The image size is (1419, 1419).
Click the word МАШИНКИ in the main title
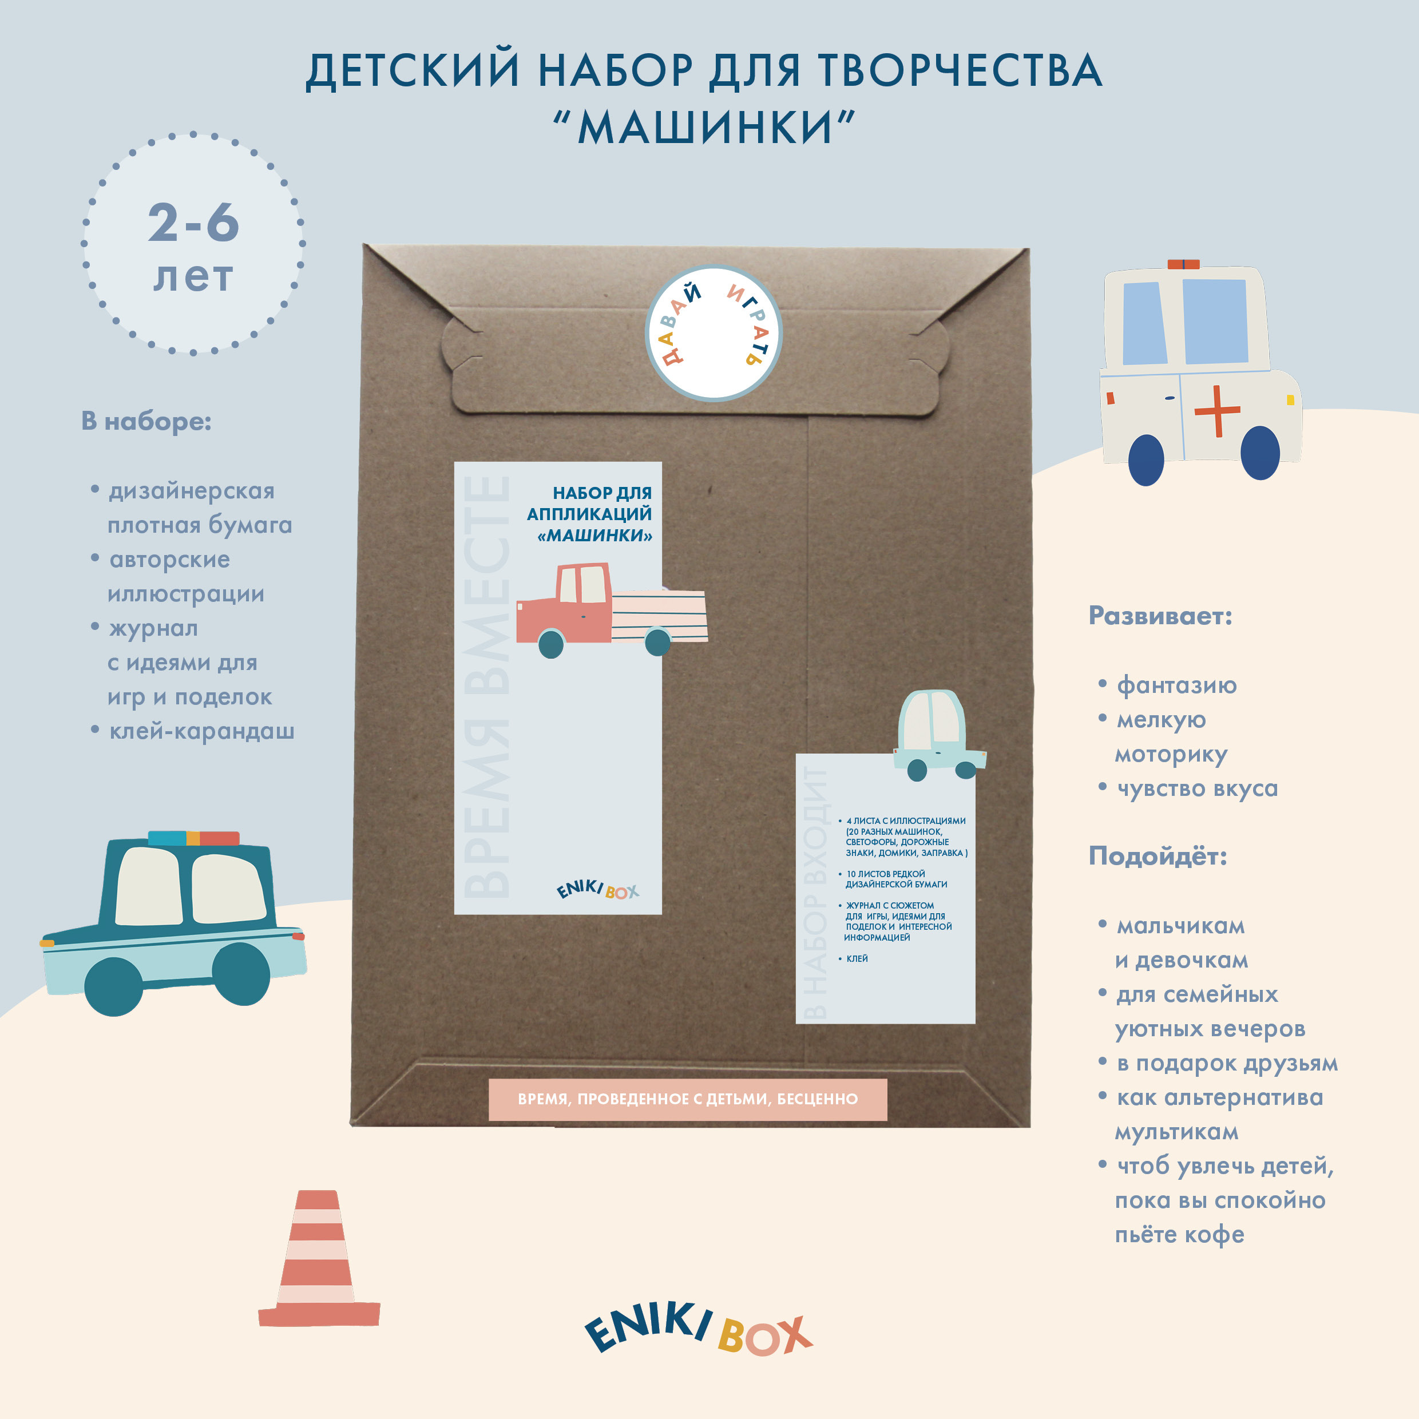(x=705, y=127)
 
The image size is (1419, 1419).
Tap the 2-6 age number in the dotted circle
(x=194, y=222)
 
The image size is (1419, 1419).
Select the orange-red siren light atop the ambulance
(x=1183, y=264)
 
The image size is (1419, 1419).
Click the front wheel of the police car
(x=241, y=974)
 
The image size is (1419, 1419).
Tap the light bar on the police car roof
(x=194, y=838)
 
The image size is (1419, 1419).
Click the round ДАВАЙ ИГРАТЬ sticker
(x=713, y=332)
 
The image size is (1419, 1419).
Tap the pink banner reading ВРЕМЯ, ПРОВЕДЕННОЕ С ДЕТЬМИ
(x=687, y=1100)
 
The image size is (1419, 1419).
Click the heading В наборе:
(x=146, y=422)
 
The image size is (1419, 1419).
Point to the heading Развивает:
(x=1160, y=616)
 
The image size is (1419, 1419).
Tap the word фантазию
(x=1176, y=685)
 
